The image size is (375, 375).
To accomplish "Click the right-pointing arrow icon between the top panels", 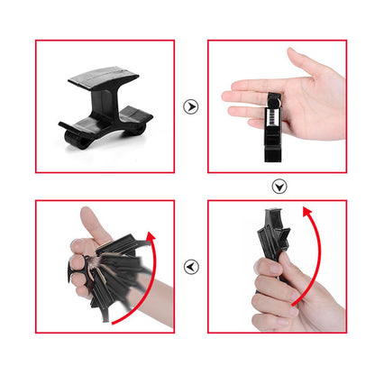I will (x=190, y=106).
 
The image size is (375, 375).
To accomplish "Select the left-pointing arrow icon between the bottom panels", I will (x=190, y=267).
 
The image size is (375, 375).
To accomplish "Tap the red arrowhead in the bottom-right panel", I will (x=312, y=215).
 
